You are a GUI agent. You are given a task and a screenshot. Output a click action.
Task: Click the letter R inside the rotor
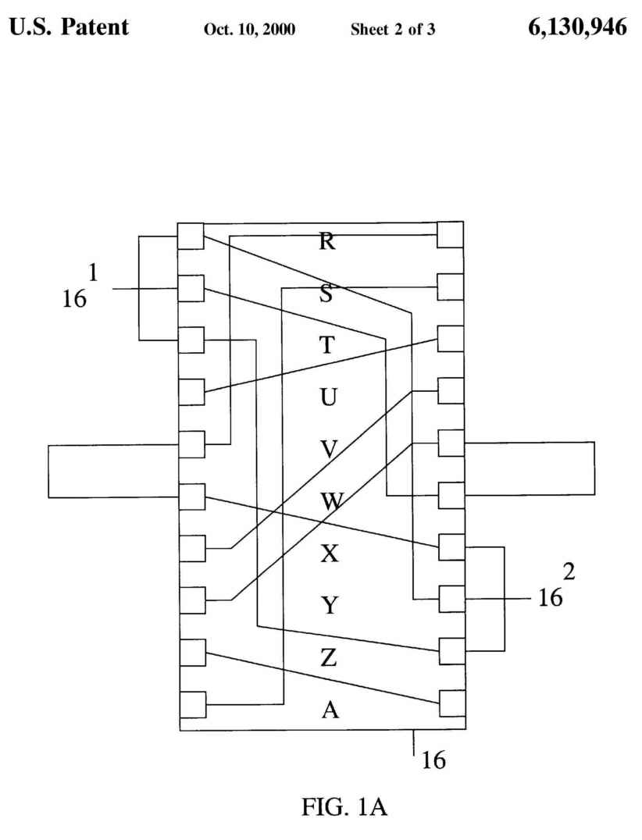point(328,241)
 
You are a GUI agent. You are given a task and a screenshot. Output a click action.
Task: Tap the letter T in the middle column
point(328,346)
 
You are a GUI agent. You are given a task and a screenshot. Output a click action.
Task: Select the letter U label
point(329,397)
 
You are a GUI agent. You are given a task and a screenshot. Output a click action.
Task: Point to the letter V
point(329,450)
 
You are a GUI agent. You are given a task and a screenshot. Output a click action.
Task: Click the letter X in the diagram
point(330,554)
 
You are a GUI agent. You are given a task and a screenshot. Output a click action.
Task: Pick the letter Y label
point(330,606)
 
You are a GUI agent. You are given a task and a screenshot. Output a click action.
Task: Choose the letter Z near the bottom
point(329,659)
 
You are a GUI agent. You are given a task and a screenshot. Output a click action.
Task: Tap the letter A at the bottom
point(330,710)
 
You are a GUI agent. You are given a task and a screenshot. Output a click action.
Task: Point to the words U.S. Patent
point(68,29)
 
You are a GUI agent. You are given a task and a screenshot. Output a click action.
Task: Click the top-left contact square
point(191,236)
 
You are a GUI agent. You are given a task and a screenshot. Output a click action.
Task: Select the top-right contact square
point(451,235)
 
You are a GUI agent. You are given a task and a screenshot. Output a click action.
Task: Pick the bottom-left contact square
point(192,705)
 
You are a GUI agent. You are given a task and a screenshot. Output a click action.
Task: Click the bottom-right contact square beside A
point(452,703)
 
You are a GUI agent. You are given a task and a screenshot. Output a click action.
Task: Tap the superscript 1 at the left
point(93,272)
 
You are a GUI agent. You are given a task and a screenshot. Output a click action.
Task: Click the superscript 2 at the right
point(569,571)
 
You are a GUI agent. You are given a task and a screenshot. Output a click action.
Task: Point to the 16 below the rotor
point(433,760)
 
